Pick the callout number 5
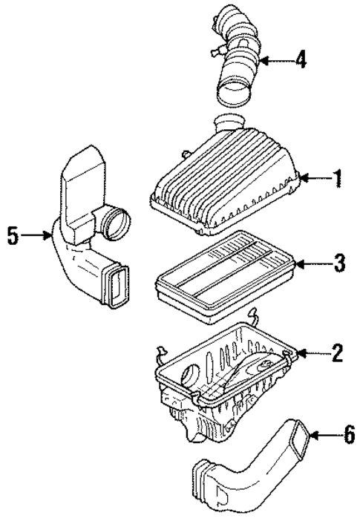click(x=13, y=236)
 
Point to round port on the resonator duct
click(x=117, y=222)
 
